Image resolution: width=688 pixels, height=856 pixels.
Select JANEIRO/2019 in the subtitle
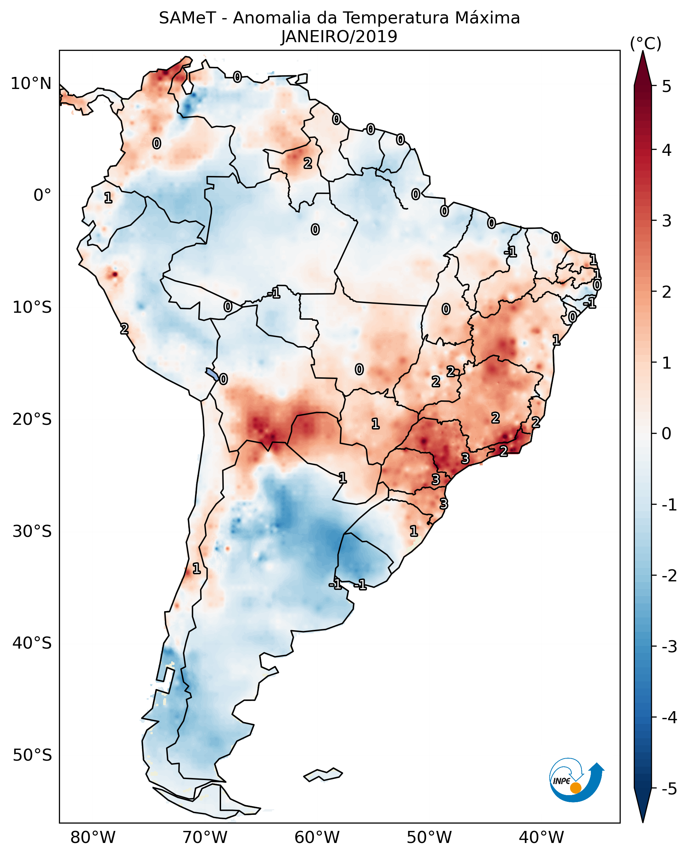(x=339, y=37)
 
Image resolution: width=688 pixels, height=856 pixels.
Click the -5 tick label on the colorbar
(x=669, y=789)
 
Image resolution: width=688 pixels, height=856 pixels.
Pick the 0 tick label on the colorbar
(x=667, y=433)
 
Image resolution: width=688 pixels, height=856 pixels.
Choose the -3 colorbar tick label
(x=669, y=647)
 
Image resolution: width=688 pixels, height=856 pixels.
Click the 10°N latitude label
(x=31, y=84)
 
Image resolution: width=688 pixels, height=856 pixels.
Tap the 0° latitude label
(x=43, y=195)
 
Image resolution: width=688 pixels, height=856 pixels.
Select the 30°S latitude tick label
(x=32, y=531)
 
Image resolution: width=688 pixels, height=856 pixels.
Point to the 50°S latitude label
(x=32, y=755)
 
